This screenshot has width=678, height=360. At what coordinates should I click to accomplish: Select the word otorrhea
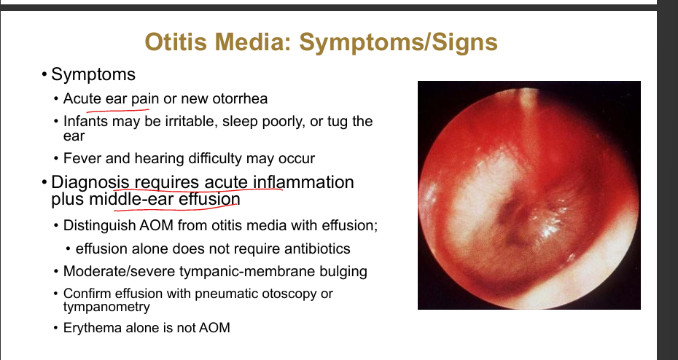[x=240, y=98]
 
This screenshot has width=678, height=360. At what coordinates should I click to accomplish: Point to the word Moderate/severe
[x=120, y=271]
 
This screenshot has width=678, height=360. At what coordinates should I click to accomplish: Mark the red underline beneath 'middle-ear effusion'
[x=176, y=210]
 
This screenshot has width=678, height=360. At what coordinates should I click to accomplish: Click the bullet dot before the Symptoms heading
[x=44, y=74]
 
